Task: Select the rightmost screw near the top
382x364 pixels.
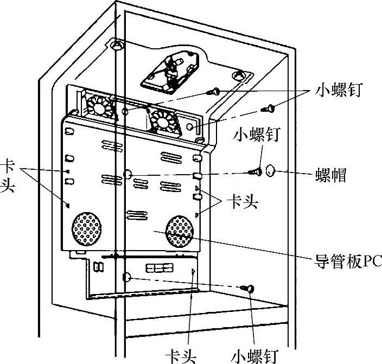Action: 268,108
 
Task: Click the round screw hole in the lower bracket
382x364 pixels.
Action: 126,277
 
